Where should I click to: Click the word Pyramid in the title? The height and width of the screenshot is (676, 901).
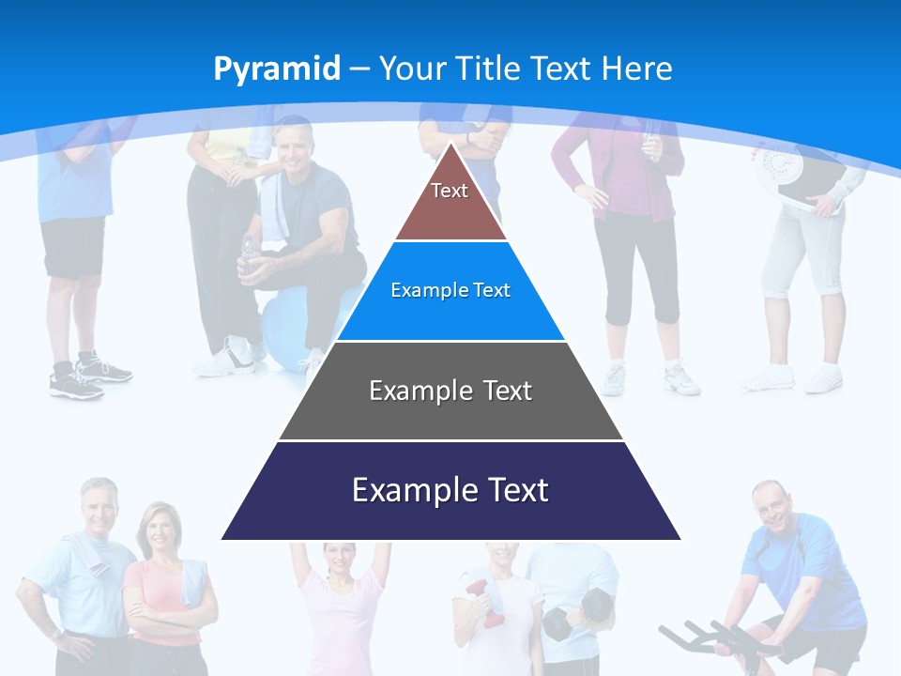tap(276, 69)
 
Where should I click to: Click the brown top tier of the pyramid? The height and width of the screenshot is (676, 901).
tap(450, 202)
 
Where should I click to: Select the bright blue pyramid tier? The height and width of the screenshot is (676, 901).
tap(450, 291)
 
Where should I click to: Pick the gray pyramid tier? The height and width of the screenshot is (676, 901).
tap(450, 391)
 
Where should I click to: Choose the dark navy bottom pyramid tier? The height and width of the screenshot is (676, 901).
tap(450, 491)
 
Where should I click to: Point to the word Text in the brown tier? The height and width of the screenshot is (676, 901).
tap(450, 191)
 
